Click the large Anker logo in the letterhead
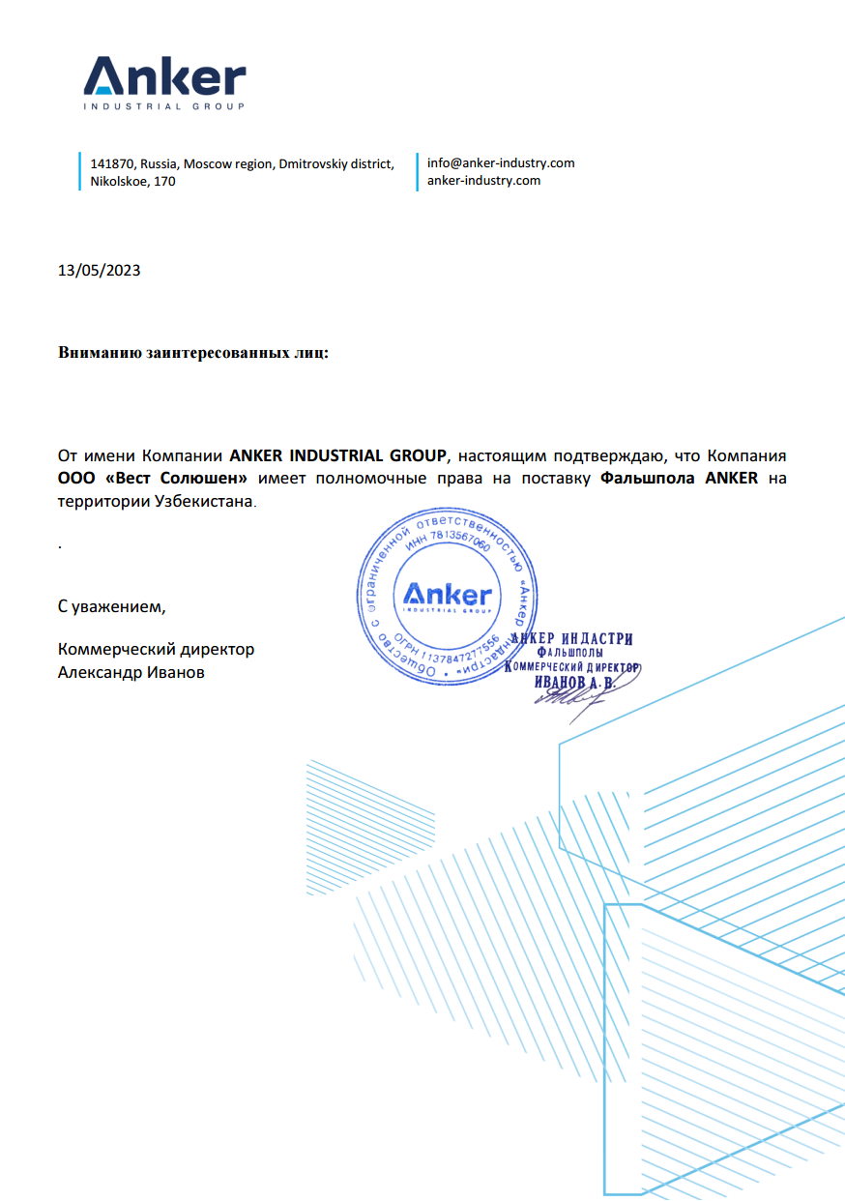164,75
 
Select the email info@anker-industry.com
501,163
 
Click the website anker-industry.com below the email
483,180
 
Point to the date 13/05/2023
100,271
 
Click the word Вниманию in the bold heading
100,354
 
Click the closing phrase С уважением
112,607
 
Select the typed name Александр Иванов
131,673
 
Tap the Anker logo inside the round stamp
447,595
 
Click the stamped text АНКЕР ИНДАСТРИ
571,639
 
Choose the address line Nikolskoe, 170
133,181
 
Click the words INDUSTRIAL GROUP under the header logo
164,107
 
